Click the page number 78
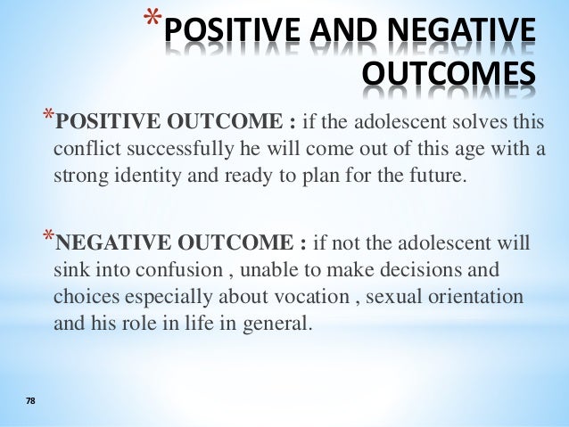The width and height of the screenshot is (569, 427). pos(30,403)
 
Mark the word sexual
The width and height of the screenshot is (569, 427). pos(401,295)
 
